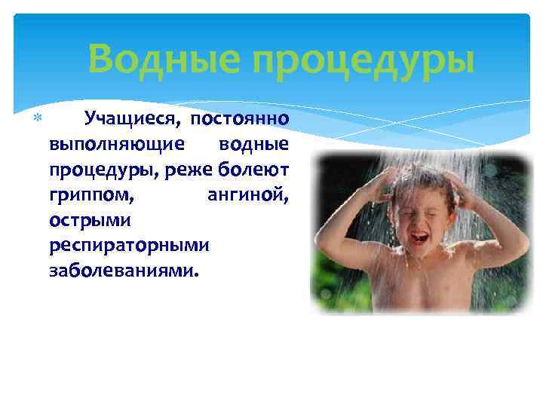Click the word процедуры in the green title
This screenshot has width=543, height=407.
tap(364, 60)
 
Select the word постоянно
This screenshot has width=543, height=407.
tap(239, 118)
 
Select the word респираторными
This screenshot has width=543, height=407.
tap(130, 245)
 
